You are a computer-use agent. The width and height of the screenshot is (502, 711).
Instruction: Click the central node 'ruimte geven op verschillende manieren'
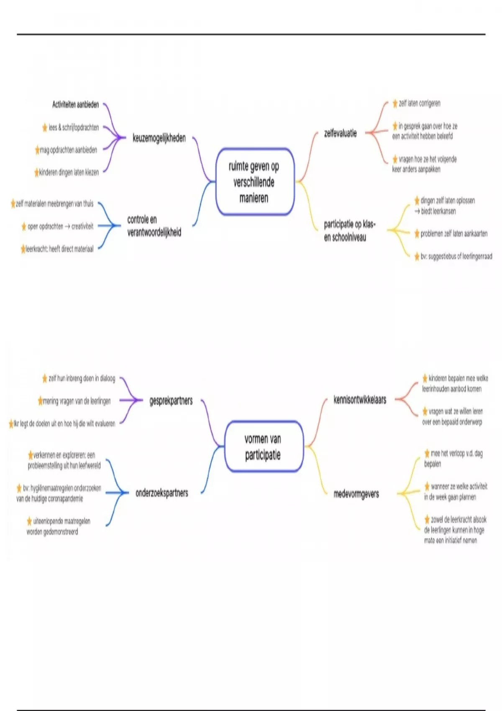click(254, 182)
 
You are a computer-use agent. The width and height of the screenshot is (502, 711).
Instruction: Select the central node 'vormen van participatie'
click(263, 447)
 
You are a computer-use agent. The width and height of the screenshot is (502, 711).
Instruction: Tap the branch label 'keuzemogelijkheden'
click(159, 138)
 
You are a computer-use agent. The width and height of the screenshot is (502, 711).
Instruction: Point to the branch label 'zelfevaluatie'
click(341, 133)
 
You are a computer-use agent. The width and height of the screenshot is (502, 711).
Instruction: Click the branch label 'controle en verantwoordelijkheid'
click(154, 226)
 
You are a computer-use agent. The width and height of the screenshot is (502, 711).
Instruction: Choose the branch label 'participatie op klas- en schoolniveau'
click(350, 231)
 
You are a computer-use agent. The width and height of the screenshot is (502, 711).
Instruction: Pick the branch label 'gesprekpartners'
click(171, 401)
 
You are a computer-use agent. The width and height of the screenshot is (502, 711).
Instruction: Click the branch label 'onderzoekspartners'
click(162, 493)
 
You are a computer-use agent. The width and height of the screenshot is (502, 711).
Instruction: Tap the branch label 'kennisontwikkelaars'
click(360, 400)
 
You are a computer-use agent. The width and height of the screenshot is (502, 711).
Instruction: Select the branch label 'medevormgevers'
click(356, 494)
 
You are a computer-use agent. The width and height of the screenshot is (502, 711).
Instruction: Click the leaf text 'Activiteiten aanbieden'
click(75, 105)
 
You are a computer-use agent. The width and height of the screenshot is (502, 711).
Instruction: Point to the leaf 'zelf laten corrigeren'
click(419, 103)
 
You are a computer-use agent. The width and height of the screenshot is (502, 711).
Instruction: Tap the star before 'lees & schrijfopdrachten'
click(45, 128)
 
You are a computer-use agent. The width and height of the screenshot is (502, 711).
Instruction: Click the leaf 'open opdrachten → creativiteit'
click(60, 227)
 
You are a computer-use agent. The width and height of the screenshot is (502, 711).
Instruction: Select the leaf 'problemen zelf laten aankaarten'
click(454, 234)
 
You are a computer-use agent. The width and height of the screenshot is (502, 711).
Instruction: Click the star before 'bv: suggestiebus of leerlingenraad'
click(417, 256)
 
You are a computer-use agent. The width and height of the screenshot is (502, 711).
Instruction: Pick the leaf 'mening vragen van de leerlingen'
click(77, 401)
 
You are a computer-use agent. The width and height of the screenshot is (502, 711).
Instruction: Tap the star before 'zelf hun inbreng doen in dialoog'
click(45, 379)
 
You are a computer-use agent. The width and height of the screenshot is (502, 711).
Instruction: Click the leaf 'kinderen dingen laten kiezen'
click(69, 172)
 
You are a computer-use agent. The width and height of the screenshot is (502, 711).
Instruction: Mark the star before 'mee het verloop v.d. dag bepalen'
click(427, 453)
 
